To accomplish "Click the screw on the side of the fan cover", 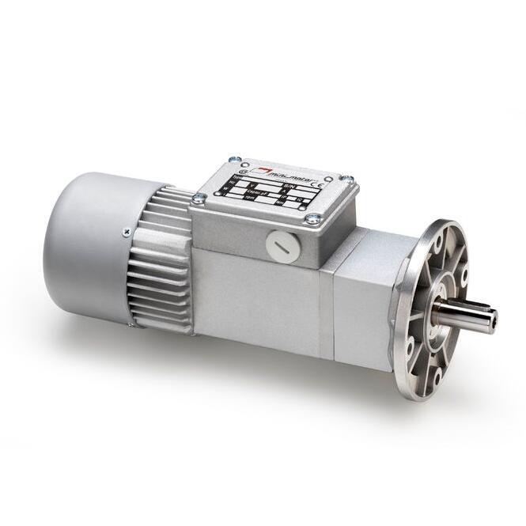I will coord(126,232).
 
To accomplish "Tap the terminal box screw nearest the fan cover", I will coord(198,199).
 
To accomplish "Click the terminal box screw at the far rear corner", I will coord(233,160).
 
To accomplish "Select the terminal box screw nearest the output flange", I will coord(346,180).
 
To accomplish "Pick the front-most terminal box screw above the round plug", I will coord(314,219).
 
